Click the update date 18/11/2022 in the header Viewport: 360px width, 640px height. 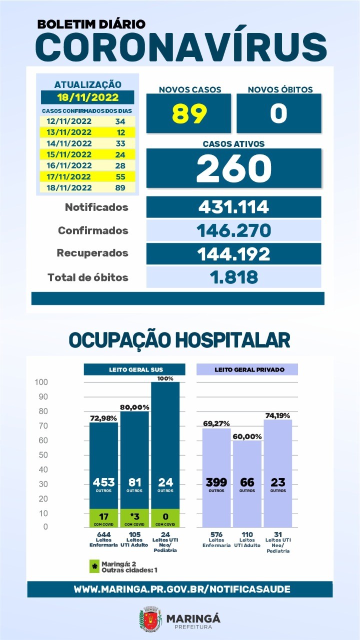87,97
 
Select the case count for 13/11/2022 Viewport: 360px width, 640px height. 121,132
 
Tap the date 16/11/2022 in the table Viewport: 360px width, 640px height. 69,165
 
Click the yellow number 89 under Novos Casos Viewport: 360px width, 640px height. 189,113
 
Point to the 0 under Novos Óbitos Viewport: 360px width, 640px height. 278,113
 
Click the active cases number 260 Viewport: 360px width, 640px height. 234,168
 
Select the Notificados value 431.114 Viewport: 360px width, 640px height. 233,207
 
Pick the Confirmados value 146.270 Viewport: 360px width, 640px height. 233,230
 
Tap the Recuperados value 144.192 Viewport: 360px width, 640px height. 233,254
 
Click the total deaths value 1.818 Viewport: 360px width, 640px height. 233,277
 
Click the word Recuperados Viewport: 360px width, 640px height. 92,253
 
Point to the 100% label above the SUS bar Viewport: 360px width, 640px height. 165,378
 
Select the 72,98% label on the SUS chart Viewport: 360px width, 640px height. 103,418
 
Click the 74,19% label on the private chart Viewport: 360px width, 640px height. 277,415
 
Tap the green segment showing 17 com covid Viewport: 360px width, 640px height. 103,518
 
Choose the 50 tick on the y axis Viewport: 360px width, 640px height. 43,455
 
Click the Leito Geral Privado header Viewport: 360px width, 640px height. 247,369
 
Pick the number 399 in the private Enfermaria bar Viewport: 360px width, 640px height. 216,482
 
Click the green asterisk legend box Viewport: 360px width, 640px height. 94,566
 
